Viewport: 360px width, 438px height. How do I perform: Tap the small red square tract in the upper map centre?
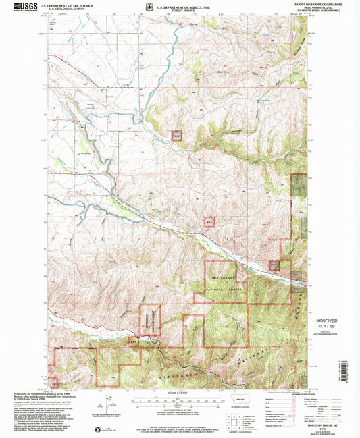(x=177, y=135)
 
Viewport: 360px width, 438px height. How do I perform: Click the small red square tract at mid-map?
(x=209, y=221)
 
